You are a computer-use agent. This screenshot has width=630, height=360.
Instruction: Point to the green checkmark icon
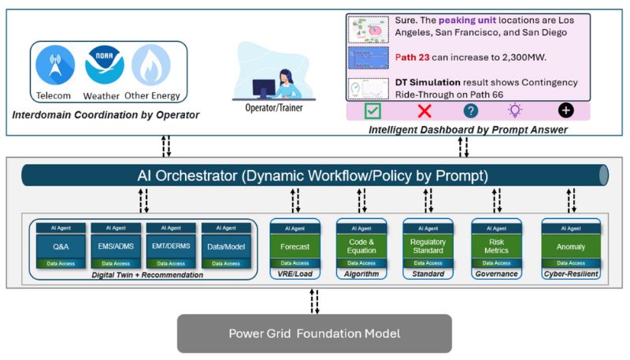coord(372,111)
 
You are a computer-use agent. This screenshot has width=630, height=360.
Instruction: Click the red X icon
coord(424,111)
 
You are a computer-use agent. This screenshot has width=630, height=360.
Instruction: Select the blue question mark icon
coord(471,111)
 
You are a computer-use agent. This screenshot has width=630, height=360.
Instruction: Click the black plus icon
coord(566,111)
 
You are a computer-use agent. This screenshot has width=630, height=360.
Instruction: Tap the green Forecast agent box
coord(295,246)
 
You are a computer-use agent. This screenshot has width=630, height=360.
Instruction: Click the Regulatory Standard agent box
coord(428,246)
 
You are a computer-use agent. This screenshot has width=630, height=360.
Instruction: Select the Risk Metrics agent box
coord(497,246)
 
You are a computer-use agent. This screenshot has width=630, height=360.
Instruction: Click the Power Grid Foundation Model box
coord(314,333)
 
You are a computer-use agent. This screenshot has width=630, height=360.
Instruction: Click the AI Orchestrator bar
coord(314,174)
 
